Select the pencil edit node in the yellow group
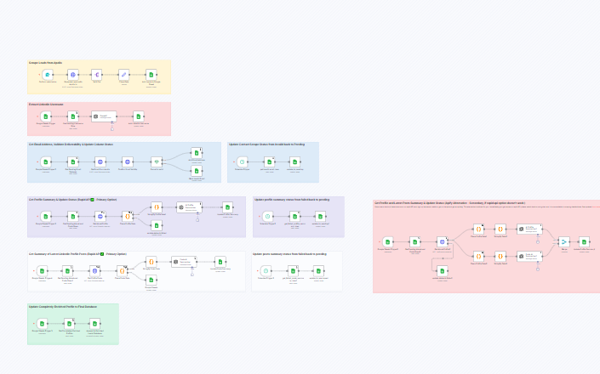[123, 75]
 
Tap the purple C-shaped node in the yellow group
[96, 75]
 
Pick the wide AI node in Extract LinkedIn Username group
[104, 116]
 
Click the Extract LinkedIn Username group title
[46, 105]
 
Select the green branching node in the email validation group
[157, 161]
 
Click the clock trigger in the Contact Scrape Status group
[242, 161]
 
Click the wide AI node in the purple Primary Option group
[188, 207]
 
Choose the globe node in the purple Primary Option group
[100, 217]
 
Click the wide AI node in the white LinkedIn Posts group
[184, 262]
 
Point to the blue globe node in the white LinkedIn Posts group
[94, 271]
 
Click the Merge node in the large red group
[563, 242]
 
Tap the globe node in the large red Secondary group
[443, 242]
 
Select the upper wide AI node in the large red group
[529, 229]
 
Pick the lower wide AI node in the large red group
[529, 256]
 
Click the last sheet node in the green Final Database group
[94, 324]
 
